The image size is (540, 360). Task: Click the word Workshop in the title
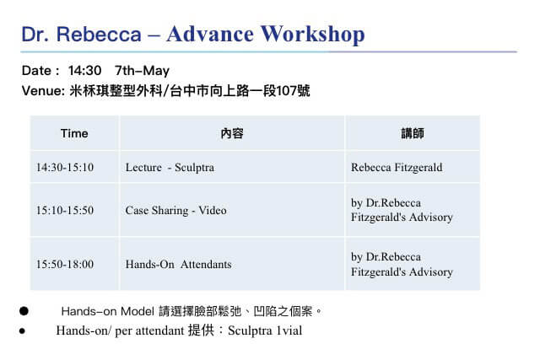pyautogui.click(x=312, y=35)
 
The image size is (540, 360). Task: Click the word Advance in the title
pyautogui.click(x=210, y=34)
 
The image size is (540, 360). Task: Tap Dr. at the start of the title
pyautogui.click(x=35, y=35)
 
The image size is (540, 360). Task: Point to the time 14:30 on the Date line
pyautogui.click(x=84, y=71)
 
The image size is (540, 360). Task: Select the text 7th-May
pyautogui.click(x=142, y=71)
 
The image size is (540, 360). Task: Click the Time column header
pyautogui.click(x=74, y=133)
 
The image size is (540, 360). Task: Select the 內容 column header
pyautogui.click(x=232, y=133)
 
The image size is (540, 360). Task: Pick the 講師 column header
pyautogui.click(x=413, y=133)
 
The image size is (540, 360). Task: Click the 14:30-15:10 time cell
pyautogui.click(x=65, y=168)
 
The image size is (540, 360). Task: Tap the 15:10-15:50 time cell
pyautogui.click(x=65, y=210)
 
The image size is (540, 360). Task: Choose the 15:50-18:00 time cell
pyautogui.click(x=65, y=265)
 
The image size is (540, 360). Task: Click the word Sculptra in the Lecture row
pyautogui.click(x=194, y=168)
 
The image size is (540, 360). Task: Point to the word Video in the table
pyautogui.click(x=213, y=210)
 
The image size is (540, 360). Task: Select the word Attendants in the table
pyautogui.click(x=206, y=265)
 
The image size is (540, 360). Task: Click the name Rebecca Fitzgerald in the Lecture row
pyautogui.click(x=397, y=168)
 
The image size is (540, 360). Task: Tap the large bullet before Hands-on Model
pyautogui.click(x=24, y=311)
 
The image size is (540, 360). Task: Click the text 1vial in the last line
pyautogui.click(x=289, y=330)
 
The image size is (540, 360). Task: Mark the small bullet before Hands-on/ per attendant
pyautogui.click(x=23, y=331)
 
